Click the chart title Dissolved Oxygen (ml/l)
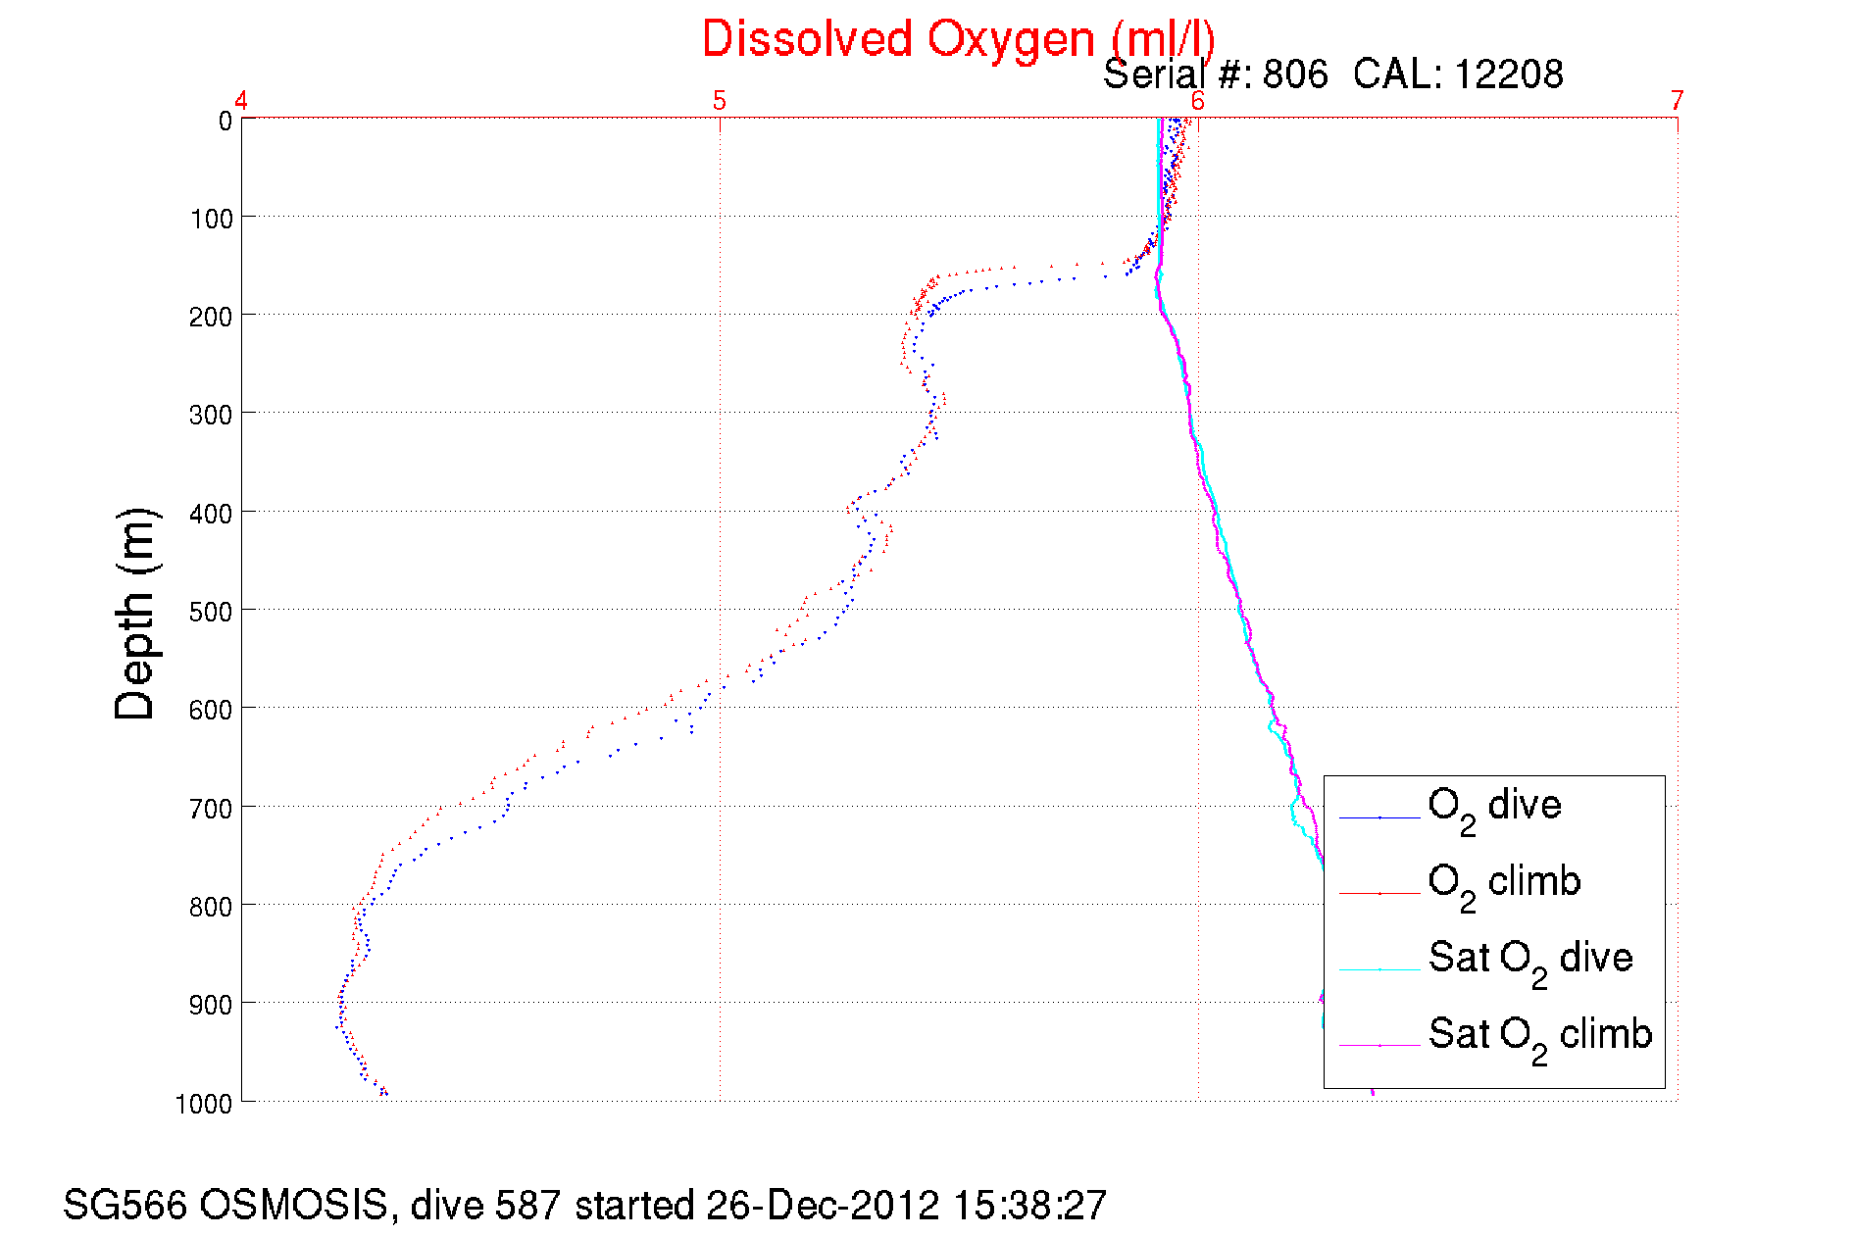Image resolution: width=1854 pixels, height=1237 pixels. [958, 40]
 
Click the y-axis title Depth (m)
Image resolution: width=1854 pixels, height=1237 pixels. [135, 615]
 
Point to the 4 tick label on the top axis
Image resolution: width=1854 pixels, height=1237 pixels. [241, 100]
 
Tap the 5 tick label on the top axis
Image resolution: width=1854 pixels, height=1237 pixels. [720, 100]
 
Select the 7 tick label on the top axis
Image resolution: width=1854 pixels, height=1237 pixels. [1678, 100]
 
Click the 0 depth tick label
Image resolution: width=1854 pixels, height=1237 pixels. [225, 122]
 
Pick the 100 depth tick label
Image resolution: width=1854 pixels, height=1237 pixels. [212, 219]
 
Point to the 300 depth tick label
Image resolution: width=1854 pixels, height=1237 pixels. [212, 415]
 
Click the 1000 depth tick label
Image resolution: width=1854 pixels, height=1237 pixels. [204, 1104]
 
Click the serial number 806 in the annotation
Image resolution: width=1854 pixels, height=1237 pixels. [1294, 74]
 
